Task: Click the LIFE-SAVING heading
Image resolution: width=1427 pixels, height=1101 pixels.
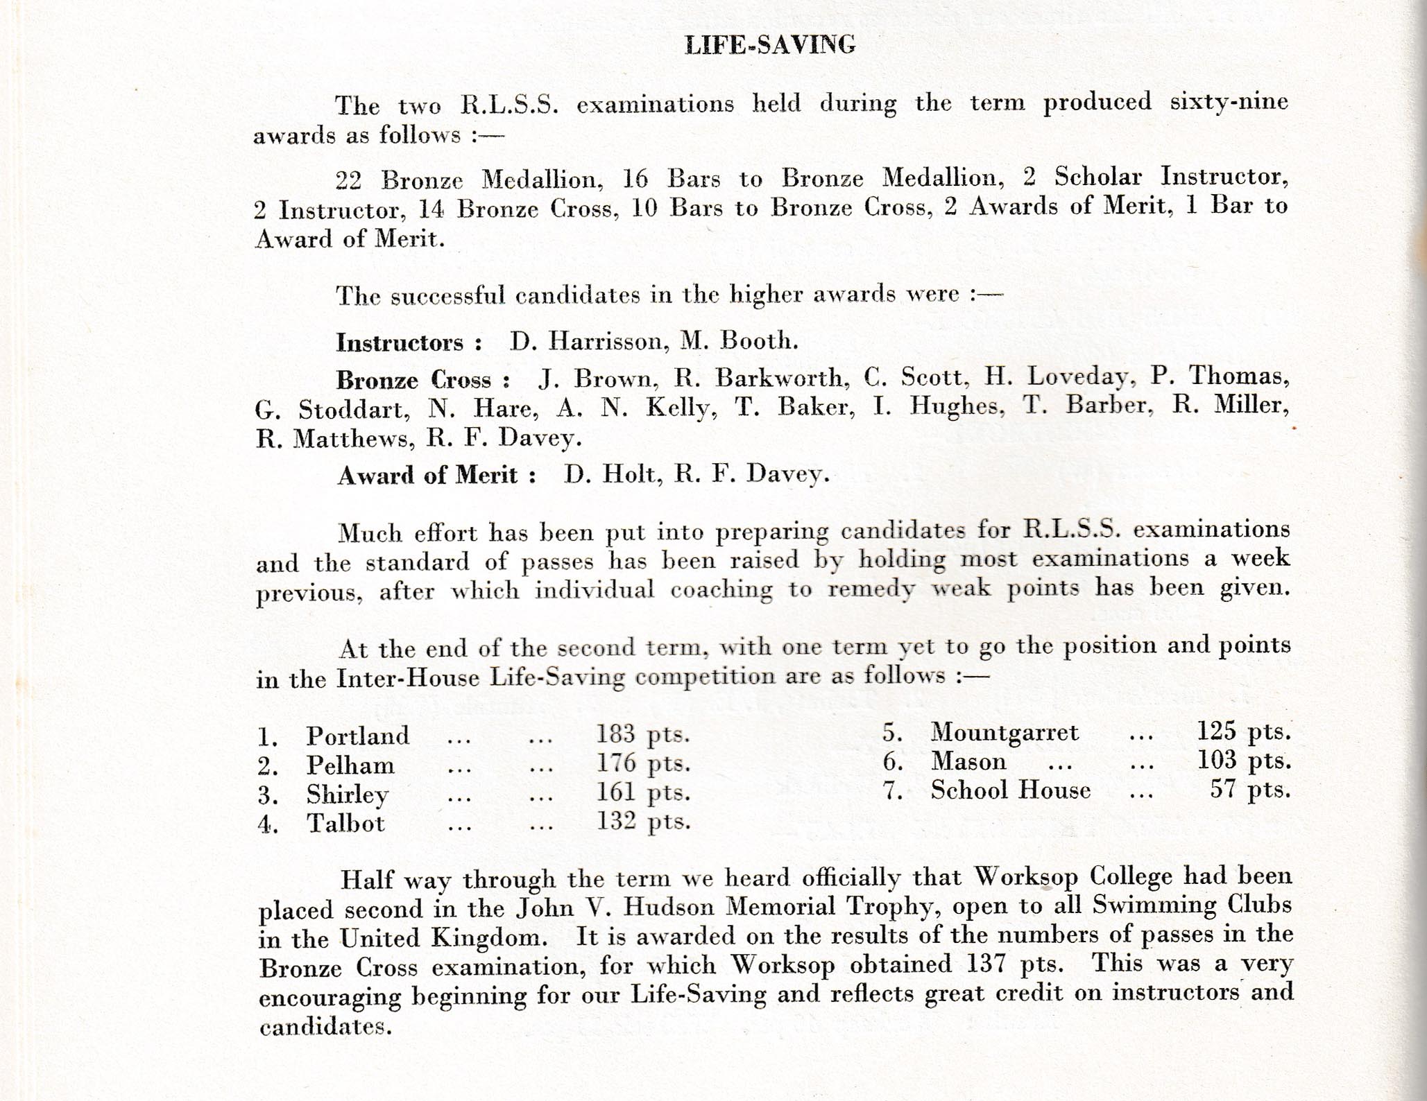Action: coord(769,45)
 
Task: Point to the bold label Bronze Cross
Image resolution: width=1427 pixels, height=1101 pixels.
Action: coord(423,380)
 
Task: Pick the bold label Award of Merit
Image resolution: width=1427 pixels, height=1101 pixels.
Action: coord(436,476)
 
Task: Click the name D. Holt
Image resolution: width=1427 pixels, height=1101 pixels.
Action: coord(609,474)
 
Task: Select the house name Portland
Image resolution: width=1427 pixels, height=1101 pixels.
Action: coord(358,736)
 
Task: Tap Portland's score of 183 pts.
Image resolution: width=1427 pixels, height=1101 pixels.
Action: coord(642,734)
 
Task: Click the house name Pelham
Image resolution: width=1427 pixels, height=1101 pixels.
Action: coord(350,765)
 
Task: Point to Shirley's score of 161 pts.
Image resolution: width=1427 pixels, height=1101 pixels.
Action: coord(642,792)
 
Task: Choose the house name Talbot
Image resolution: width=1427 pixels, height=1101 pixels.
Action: coord(345,823)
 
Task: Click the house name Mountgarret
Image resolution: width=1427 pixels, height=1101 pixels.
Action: coord(1005,732)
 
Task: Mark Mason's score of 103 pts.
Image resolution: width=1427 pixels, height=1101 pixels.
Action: coord(1244,761)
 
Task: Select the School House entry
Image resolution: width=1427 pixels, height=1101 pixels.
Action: coord(1010,790)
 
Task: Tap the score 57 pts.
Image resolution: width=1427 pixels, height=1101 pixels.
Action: coord(1250,790)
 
